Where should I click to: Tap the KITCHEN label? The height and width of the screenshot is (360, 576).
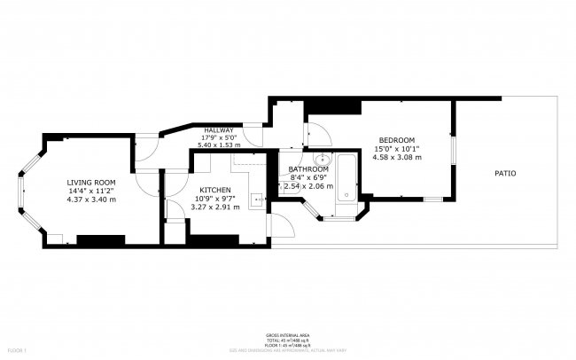point(215,190)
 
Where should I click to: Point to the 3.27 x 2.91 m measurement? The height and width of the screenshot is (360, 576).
point(215,207)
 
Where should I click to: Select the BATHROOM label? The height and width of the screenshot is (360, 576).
point(308,169)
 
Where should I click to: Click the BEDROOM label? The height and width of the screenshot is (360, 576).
point(396,140)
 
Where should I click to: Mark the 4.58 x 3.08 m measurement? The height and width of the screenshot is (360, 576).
point(396,158)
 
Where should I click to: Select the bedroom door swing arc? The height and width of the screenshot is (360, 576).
point(319,135)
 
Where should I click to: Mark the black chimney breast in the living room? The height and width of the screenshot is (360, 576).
point(100,239)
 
